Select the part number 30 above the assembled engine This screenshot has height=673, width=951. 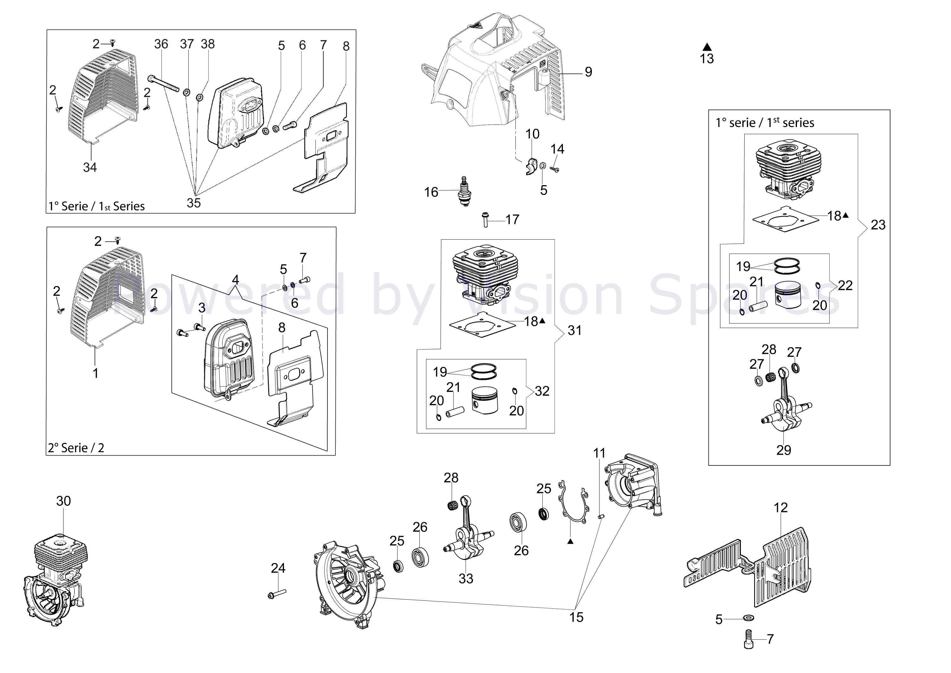(x=63, y=501)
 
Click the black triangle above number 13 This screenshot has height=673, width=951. (x=707, y=47)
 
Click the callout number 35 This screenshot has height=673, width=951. (x=194, y=203)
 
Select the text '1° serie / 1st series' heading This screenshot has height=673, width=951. (x=765, y=123)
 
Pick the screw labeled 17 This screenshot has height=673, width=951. (x=485, y=219)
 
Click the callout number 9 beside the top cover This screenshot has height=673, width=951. (x=588, y=72)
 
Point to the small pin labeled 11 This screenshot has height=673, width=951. (x=602, y=516)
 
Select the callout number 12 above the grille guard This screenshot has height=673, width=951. (x=781, y=508)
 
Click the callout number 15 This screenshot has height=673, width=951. (x=576, y=618)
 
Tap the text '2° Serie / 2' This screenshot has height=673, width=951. (x=76, y=448)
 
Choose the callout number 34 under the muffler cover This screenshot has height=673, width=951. (x=90, y=167)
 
